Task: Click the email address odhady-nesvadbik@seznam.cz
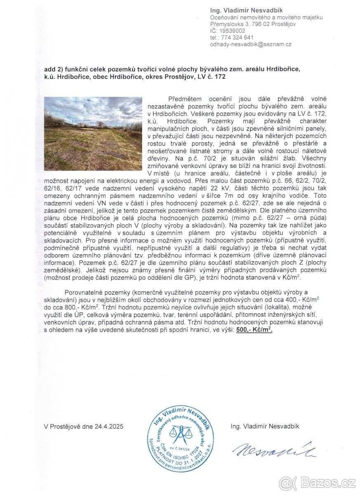click(251, 44)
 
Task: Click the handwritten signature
click(274, 451)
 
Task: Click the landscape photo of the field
click(93, 134)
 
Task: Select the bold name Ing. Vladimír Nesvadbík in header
click(247, 10)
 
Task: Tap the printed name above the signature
click(265, 427)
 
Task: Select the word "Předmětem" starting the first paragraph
click(184, 99)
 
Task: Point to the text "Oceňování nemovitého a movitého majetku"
click(266, 17)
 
